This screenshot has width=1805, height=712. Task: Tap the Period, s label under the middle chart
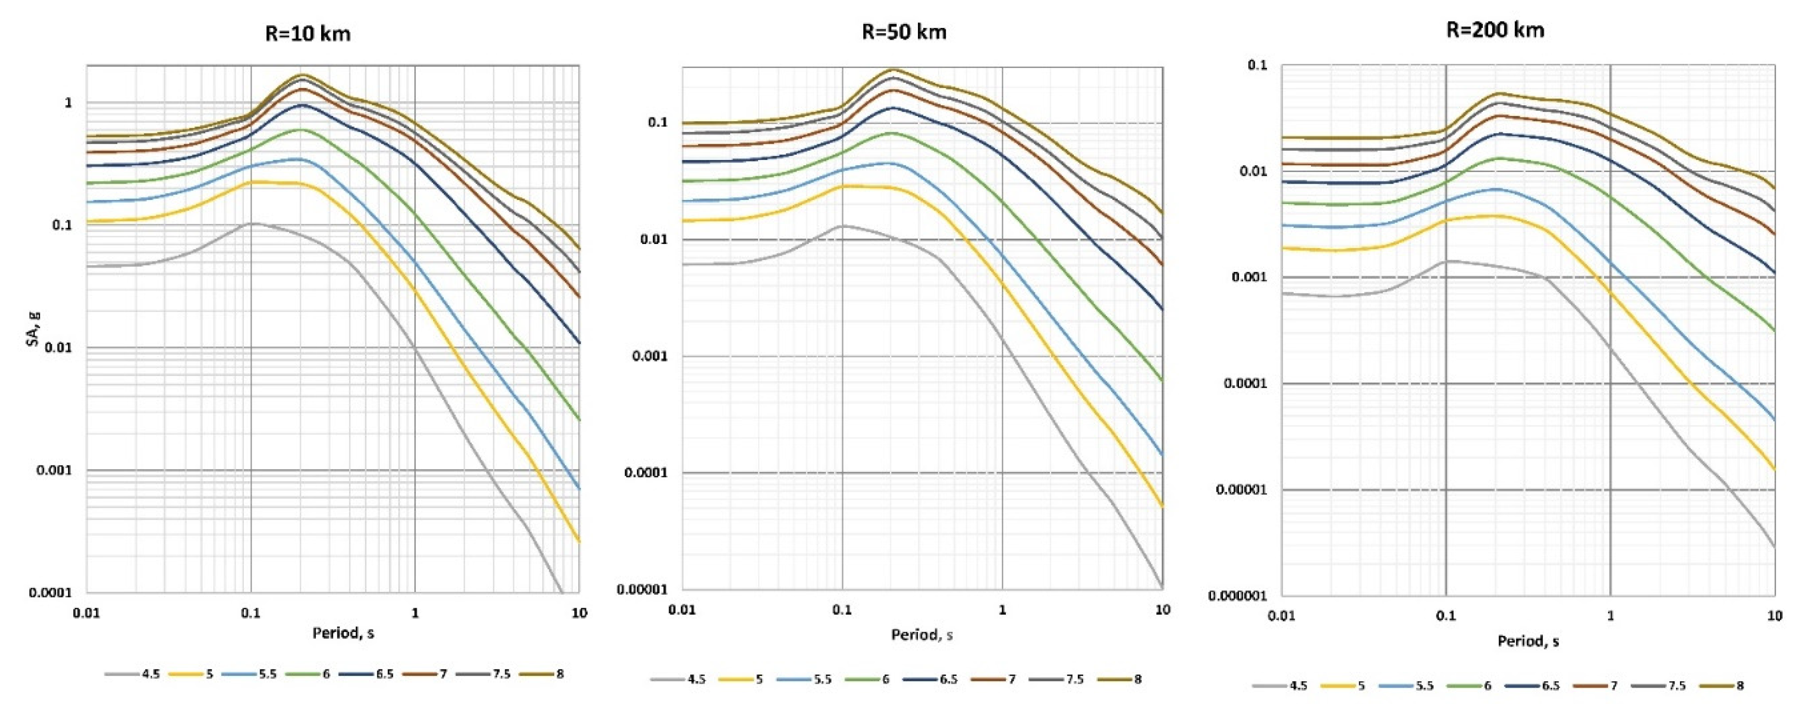point(921,635)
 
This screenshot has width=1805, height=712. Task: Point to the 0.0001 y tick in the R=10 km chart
point(50,593)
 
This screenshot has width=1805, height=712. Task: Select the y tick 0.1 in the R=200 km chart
point(1259,65)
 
